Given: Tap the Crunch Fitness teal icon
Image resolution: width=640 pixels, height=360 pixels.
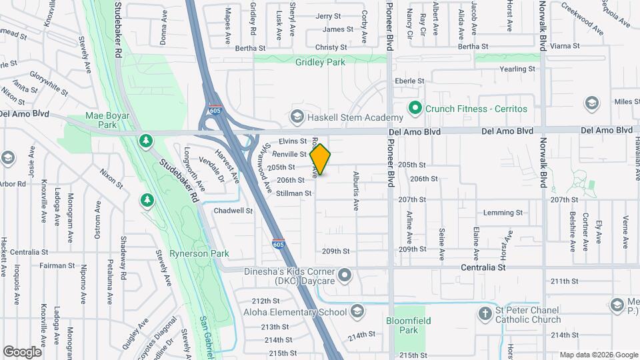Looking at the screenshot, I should click(x=414, y=107).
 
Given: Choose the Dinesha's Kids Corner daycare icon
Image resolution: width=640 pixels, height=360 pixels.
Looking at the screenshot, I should click(x=345, y=274).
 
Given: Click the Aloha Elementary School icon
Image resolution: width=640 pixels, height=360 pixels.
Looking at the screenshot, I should click(x=358, y=312).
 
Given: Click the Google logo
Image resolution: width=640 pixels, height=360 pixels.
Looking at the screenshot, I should click(x=22, y=351).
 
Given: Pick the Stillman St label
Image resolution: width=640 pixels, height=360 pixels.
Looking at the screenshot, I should click(x=295, y=193).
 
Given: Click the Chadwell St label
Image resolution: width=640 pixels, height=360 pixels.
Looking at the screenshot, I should click(x=233, y=211).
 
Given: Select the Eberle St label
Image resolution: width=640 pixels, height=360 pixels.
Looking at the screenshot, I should click(x=409, y=81).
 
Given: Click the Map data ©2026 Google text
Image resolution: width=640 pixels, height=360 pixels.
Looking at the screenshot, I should click(x=598, y=355).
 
